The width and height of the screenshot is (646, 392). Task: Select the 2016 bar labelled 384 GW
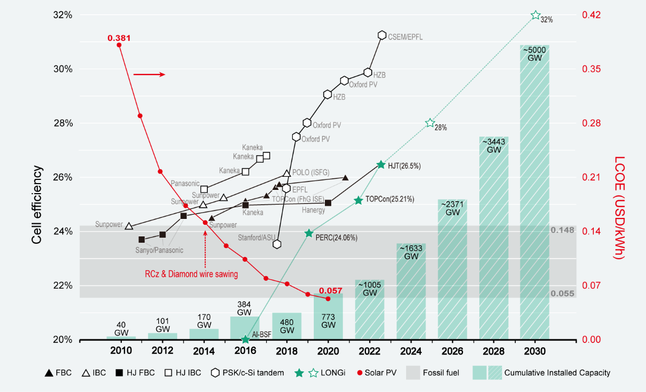(x=245, y=328)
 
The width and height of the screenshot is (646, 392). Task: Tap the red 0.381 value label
(x=119, y=38)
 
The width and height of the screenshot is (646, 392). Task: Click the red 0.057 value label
(x=331, y=291)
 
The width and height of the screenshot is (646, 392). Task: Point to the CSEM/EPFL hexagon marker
(x=382, y=35)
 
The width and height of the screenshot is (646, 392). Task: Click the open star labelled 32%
(x=536, y=15)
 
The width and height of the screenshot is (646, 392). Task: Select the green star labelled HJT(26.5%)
(x=381, y=165)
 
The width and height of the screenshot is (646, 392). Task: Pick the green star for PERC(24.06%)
(x=309, y=233)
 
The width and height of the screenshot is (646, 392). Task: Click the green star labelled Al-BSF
(x=245, y=340)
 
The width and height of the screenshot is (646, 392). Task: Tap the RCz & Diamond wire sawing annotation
(x=191, y=274)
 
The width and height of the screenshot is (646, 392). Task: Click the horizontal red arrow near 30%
(x=149, y=74)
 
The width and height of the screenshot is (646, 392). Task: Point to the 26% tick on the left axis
(x=63, y=177)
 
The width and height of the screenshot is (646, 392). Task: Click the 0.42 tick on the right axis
(x=592, y=15)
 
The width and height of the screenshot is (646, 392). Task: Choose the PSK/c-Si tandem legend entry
(x=247, y=373)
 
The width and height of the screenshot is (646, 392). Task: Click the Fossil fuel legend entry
(x=433, y=373)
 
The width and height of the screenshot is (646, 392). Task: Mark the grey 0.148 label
(x=562, y=231)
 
